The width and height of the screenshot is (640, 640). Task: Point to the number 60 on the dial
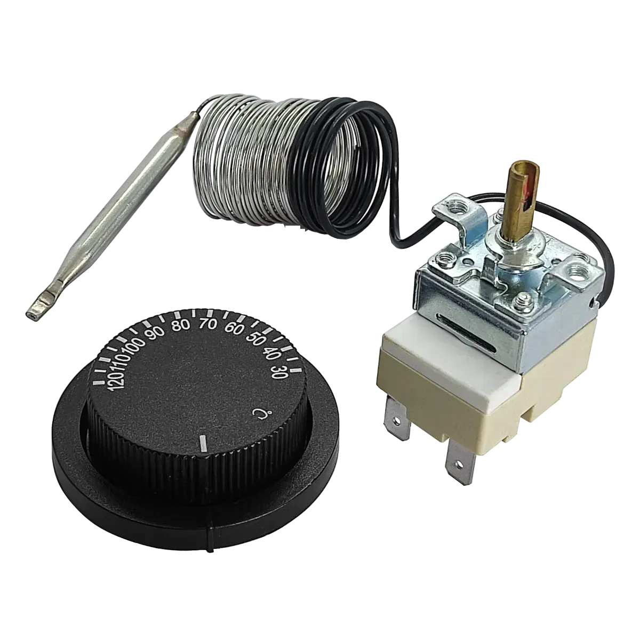[234, 329]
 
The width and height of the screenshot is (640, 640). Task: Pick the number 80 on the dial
[181, 325]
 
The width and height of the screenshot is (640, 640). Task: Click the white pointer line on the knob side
[203, 444]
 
